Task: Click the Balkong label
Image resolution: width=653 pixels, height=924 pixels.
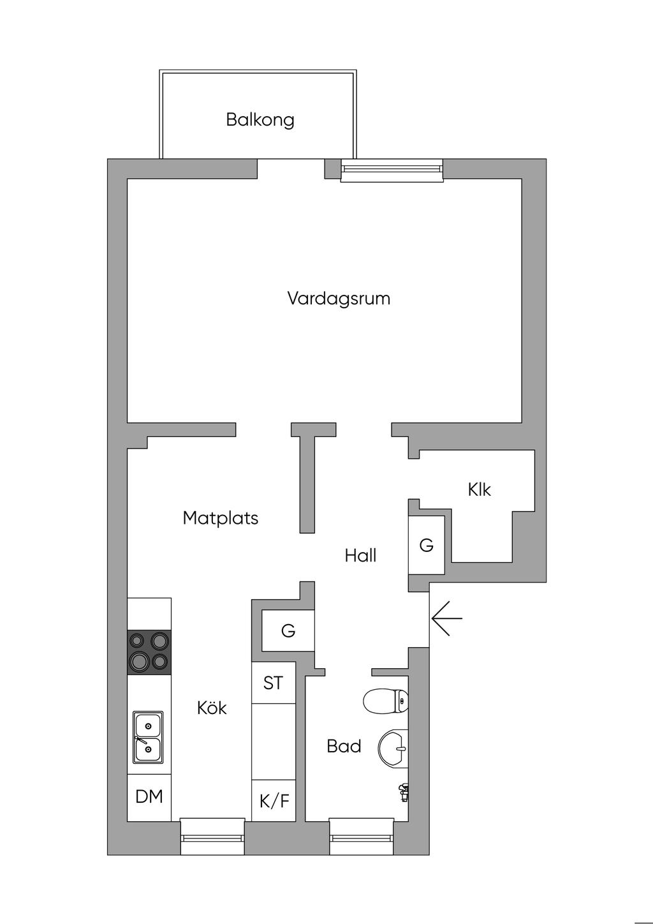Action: tap(260, 119)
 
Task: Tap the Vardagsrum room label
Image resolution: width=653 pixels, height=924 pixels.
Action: tap(339, 298)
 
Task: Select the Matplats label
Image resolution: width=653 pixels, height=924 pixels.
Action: tap(221, 518)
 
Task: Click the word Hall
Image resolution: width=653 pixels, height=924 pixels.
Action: tap(360, 555)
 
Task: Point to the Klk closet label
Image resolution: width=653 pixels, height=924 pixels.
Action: tap(480, 489)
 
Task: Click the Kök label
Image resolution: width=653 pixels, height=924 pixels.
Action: tap(212, 708)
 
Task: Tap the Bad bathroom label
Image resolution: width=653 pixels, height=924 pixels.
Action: tap(344, 746)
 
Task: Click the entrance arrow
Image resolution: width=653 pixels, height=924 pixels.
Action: tap(446, 618)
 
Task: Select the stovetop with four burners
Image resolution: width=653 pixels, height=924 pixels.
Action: tap(149, 652)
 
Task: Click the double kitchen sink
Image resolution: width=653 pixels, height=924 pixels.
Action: tap(148, 737)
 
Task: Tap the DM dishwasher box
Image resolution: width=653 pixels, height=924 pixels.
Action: tap(149, 796)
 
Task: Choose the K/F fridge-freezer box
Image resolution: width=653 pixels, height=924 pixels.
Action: tap(274, 801)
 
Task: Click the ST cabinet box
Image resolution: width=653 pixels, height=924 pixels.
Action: tap(274, 683)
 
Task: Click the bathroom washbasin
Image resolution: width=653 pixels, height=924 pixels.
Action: tap(393, 747)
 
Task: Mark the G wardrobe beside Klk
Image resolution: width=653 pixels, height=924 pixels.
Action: tap(426, 545)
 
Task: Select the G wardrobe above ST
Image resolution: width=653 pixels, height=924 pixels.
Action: tap(288, 631)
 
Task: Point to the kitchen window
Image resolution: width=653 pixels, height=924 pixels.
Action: tap(212, 837)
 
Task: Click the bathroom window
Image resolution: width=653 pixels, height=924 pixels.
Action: tap(362, 837)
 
